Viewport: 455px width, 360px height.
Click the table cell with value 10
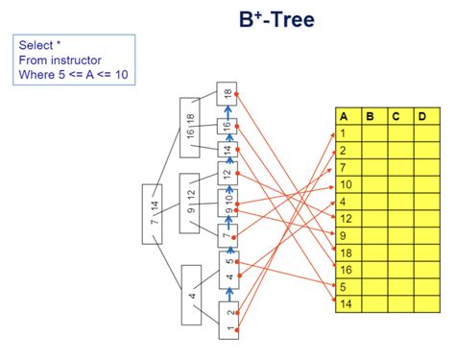pyautogui.click(x=348, y=184)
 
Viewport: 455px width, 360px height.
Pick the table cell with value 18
pyautogui.click(x=348, y=252)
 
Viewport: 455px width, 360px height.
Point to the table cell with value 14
pyautogui.click(x=348, y=303)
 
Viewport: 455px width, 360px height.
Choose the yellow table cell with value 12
pyautogui.click(x=348, y=218)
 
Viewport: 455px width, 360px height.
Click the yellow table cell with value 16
pyautogui.click(x=348, y=270)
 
